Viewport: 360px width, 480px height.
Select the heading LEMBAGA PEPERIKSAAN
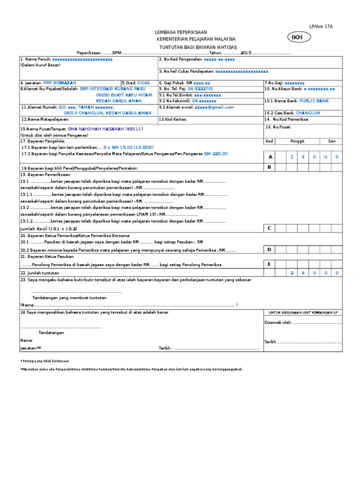pos(180,32)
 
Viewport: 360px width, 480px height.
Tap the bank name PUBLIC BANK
pos(314,101)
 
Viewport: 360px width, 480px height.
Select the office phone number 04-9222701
pos(200,88)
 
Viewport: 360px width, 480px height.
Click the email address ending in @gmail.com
pos(214,107)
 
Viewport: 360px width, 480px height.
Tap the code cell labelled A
pos(270,157)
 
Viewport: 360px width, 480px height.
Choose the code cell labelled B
pos(270,167)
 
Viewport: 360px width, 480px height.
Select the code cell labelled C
pos(270,228)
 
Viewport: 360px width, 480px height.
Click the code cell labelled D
pos(270,250)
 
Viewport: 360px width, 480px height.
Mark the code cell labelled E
pos(270,264)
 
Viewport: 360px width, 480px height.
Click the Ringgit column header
pos(298,141)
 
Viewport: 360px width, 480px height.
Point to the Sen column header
pos(331,141)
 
